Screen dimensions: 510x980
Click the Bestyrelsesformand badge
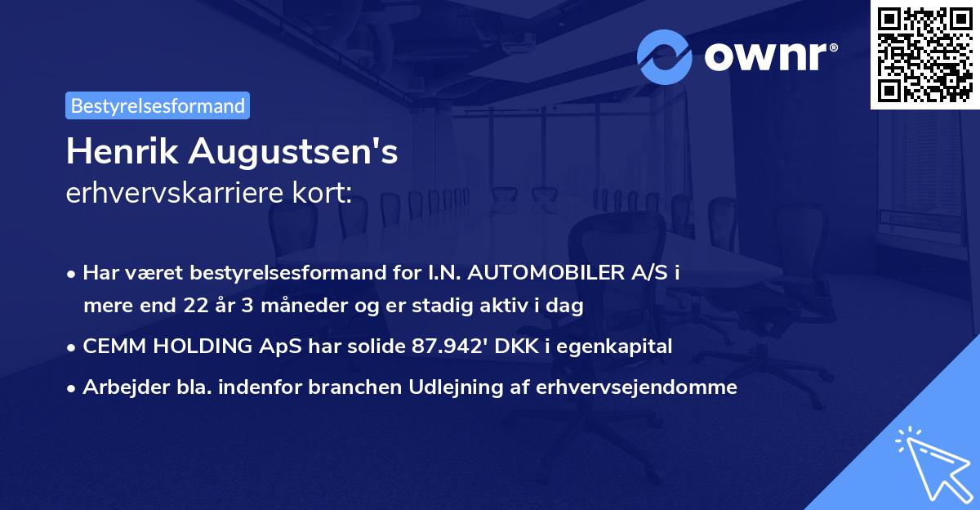[x=158, y=105]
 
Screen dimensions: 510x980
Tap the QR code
[x=924, y=54]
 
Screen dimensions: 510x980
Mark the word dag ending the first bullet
[x=567, y=306]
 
